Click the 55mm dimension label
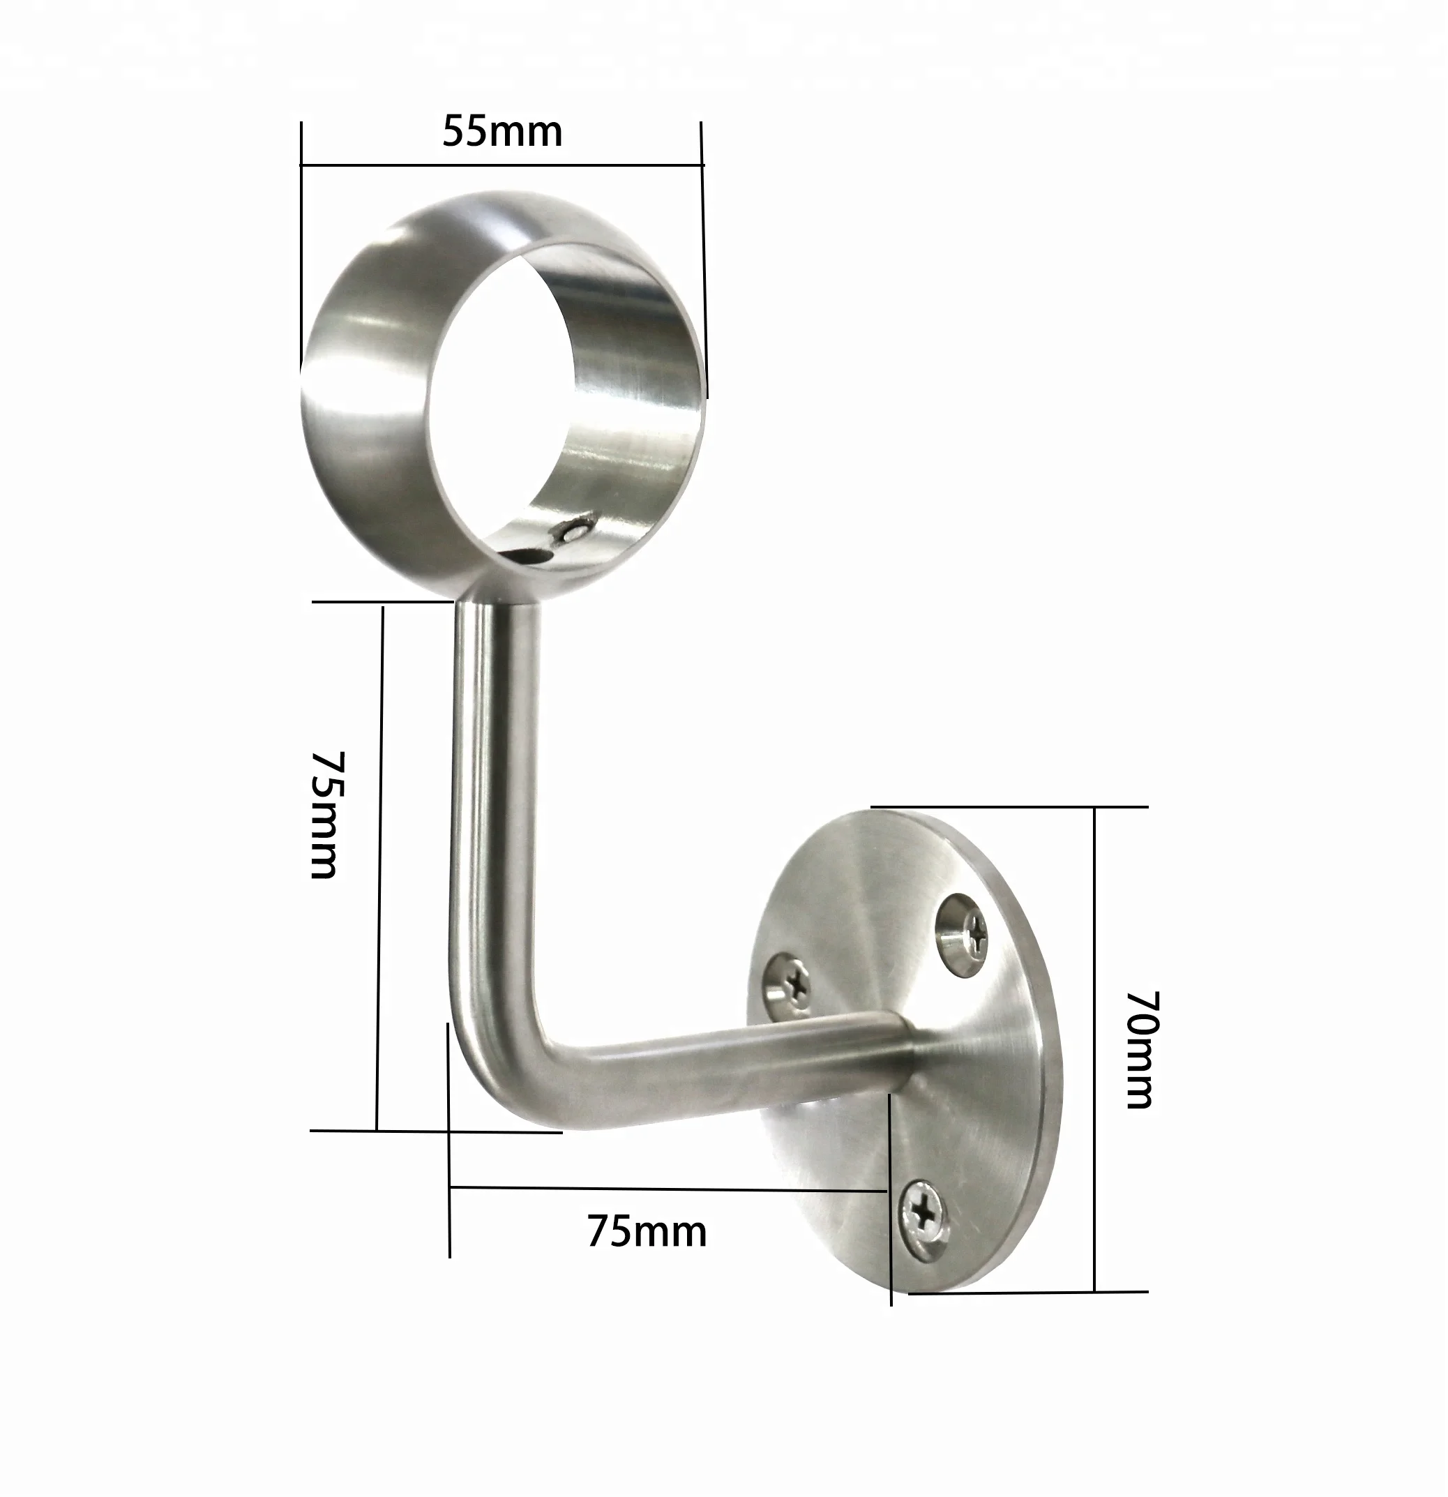click(501, 131)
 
